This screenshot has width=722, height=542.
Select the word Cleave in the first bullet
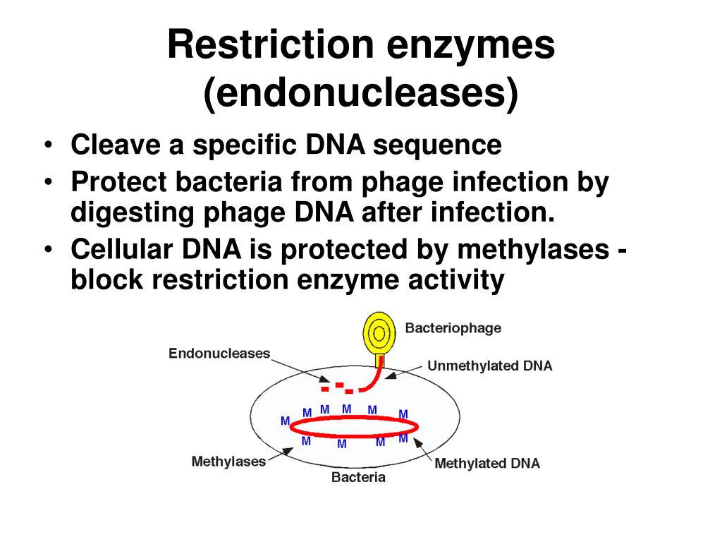(114, 145)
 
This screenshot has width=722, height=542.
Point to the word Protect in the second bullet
(118, 183)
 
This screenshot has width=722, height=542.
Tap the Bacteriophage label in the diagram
(453, 328)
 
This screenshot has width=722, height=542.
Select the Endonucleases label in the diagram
(219, 353)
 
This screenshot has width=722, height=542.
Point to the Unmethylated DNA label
(489, 366)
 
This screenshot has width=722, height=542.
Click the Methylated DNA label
(487, 464)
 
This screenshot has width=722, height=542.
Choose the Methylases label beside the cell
(228, 462)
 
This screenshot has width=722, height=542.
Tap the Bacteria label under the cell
(359, 478)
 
